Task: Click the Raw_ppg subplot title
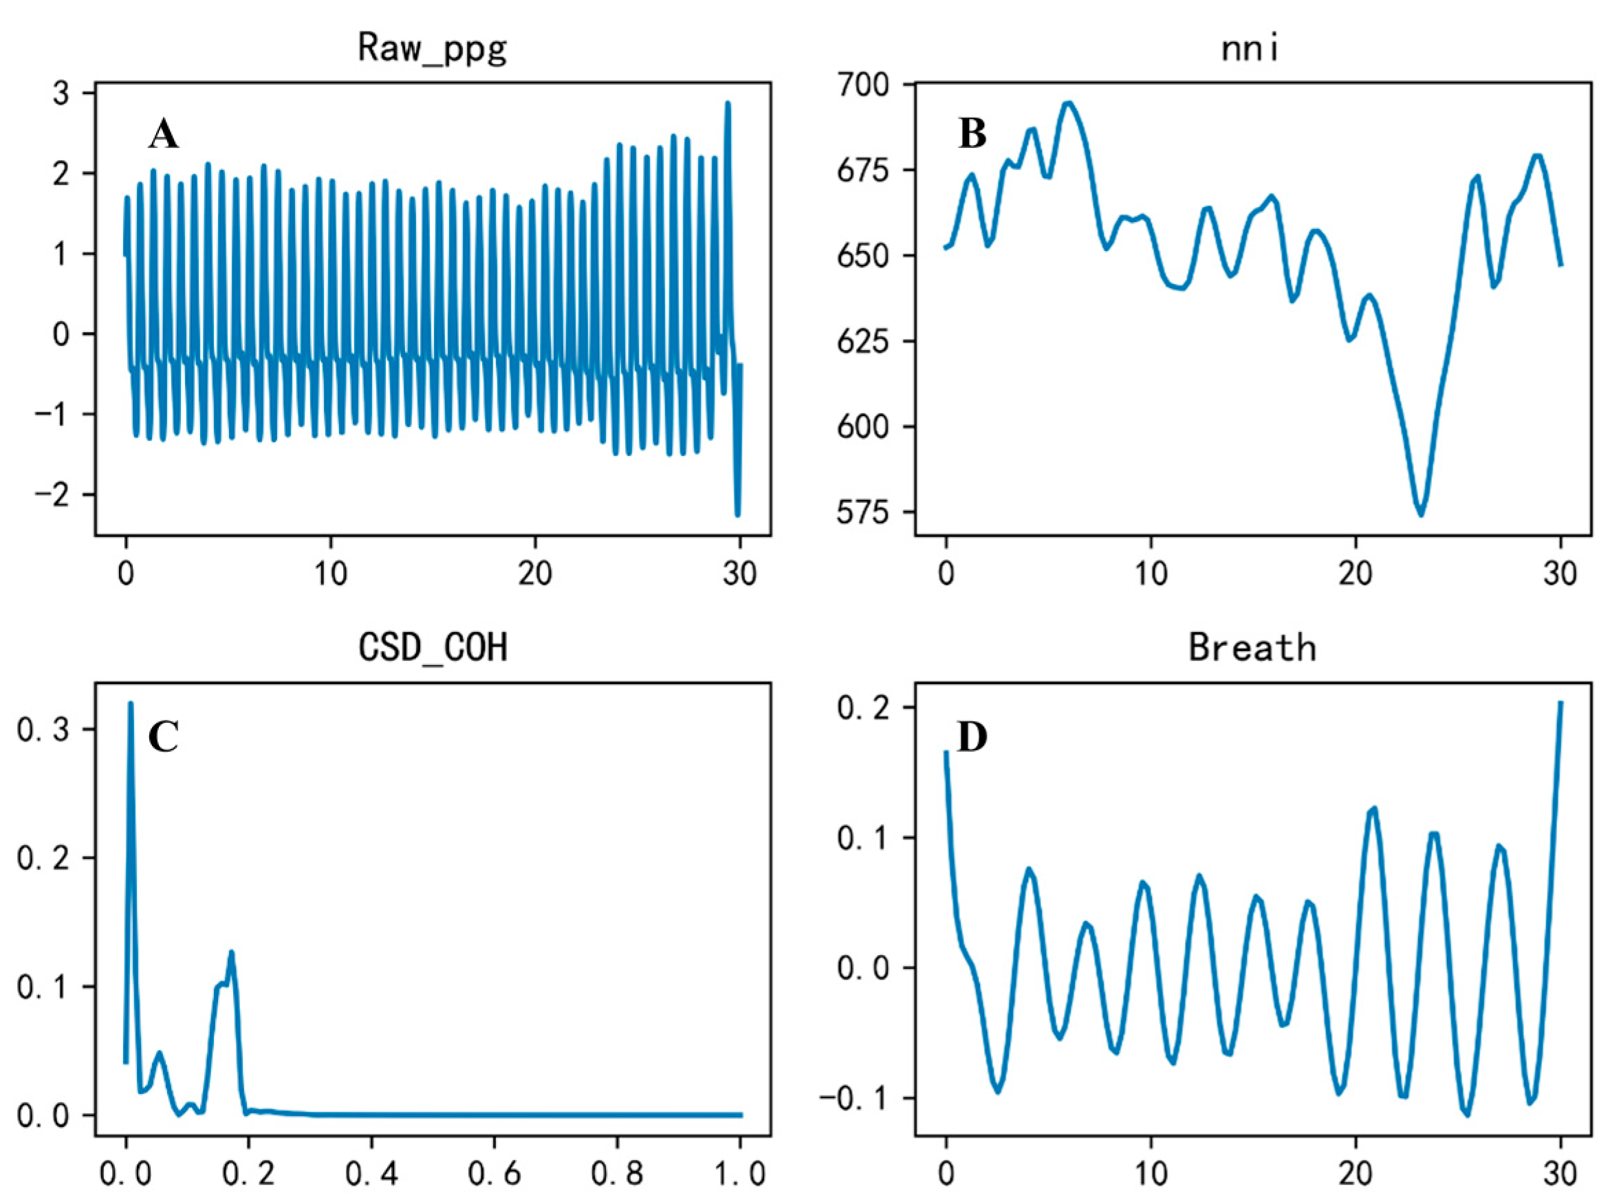point(432,49)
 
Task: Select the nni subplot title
point(1251,49)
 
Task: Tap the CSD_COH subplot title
point(432,647)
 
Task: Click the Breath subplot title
point(1252,647)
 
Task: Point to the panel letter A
point(163,135)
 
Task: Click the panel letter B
point(972,135)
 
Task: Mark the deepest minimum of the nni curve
point(1419,515)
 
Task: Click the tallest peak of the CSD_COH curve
point(131,704)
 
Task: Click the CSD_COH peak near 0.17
point(231,952)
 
